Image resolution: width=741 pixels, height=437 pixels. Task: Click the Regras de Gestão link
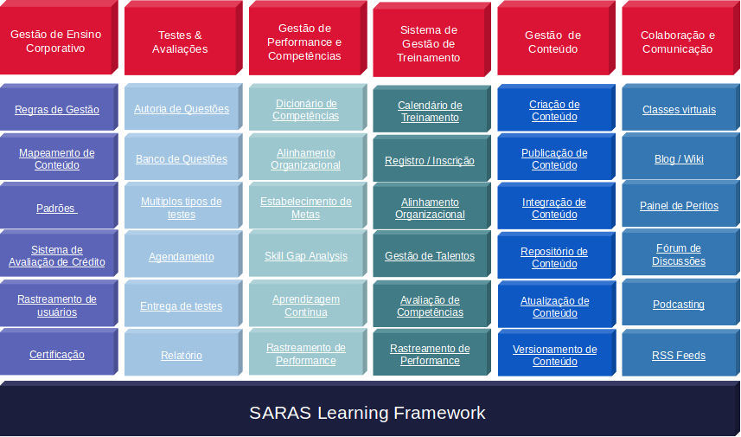click(x=57, y=110)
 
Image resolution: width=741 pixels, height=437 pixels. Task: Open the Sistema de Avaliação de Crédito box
click(x=57, y=256)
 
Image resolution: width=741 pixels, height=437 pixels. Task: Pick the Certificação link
click(x=57, y=355)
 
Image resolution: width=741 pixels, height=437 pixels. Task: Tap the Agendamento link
click(x=182, y=257)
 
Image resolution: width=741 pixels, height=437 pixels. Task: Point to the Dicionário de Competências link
click(x=306, y=110)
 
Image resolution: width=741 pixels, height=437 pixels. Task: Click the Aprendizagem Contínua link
click(x=306, y=306)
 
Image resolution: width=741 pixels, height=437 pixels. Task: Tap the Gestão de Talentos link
click(x=430, y=256)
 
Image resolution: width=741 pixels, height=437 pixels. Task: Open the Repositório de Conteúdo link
click(x=554, y=258)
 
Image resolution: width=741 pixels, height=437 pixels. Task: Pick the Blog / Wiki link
click(x=679, y=159)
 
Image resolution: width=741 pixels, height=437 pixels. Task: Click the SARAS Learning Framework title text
click(x=367, y=413)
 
